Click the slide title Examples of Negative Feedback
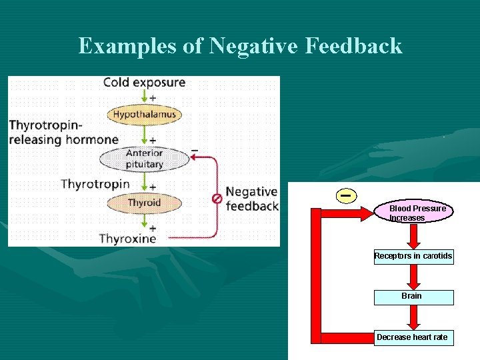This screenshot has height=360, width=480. [x=240, y=46]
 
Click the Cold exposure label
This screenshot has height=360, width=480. [x=144, y=83]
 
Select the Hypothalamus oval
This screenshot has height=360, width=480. [x=144, y=114]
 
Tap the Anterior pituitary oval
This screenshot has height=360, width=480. [x=144, y=159]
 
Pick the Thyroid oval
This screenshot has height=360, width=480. [x=144, y=203]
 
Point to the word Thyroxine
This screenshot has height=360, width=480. [x=127, y=238]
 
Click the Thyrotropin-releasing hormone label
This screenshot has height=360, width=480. [x=63, y=132]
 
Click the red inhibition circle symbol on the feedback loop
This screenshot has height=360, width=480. [x=217, y=198]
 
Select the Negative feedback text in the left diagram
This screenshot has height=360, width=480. [x=251, y=199]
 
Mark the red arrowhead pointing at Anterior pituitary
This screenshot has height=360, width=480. [x=194, y=157]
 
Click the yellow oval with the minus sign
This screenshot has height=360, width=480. [x=345, y=195]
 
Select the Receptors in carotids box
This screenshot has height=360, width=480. [x=413, y=256]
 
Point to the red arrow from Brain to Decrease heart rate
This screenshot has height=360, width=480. [x=413, y=317]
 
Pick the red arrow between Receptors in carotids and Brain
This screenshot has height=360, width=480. [x=413, y=277]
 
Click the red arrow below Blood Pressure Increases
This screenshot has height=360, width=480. [x=413, y=235]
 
